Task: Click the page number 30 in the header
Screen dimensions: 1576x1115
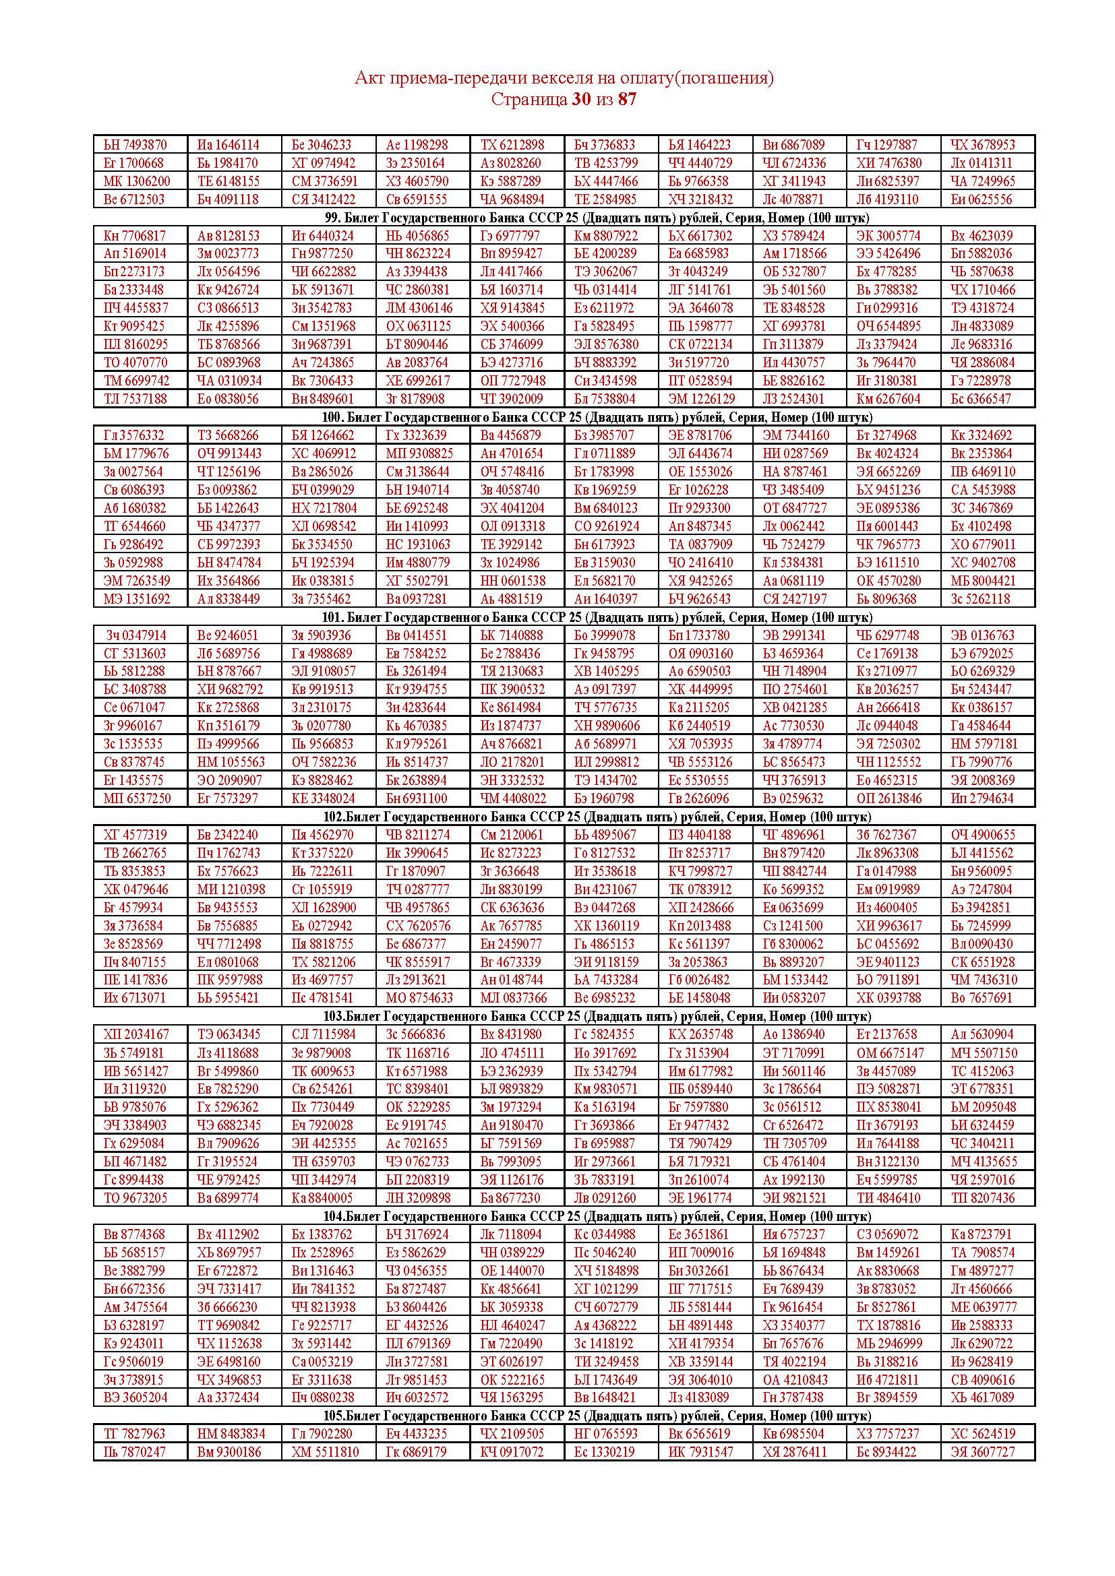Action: click(581, 100)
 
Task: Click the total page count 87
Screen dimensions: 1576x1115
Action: click(627, 100)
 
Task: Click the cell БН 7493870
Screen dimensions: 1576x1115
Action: click(135, 145)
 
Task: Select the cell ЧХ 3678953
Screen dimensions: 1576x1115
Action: click(982, 145)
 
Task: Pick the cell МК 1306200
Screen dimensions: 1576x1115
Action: click(137, 181)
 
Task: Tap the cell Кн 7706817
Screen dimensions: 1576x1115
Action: click(135, 235)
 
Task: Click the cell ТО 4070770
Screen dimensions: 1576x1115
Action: click(135, 363)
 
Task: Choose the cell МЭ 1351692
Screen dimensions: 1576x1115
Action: click(137, 598)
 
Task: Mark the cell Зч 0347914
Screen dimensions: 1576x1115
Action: click(135, 635)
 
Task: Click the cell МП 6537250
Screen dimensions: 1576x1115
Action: click(138, 798)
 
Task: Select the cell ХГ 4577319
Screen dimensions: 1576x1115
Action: click(135, 835)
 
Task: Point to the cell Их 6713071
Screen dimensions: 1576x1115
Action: click(135, 998)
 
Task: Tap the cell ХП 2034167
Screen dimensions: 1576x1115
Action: click(136, 1034)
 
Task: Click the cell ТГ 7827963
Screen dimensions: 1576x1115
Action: click(135, 1434)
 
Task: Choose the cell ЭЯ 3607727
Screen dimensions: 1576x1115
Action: click(982, 1452)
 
